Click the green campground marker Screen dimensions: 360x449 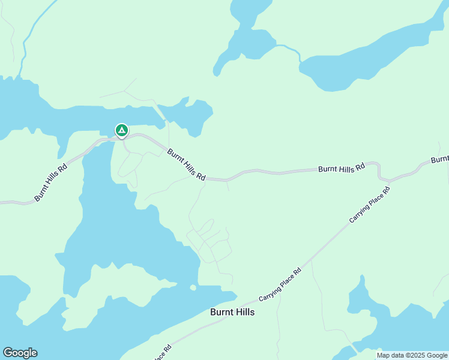pyautogui.click(x=121, y=130)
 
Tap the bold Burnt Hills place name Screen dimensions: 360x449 pyautogui.click(x=232, y=312)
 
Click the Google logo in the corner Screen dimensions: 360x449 pyautogui.click(x=20, y=353)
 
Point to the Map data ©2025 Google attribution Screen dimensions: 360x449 pyautogui.click(x=412, y=355)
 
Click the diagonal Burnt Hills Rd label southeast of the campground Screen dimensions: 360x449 pyautogui.click(x=186, y=165)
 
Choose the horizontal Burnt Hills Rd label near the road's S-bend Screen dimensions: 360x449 pyautogui.click(x=341, y=169)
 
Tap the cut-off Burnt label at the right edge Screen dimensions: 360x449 pyautogui.click(x=439, y=159)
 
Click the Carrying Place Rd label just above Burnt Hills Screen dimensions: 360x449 pyautogui.click(x=280, y=284)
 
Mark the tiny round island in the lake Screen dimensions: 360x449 pyautogui.click(x=193, y=287)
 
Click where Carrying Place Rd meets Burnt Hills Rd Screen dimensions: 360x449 pyautogui.click(x=389, y=180)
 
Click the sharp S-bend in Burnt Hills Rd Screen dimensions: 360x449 pyautogui.click(x=379, y=170)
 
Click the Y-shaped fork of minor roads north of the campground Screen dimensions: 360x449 pyautogui.click(x=125, y=92)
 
